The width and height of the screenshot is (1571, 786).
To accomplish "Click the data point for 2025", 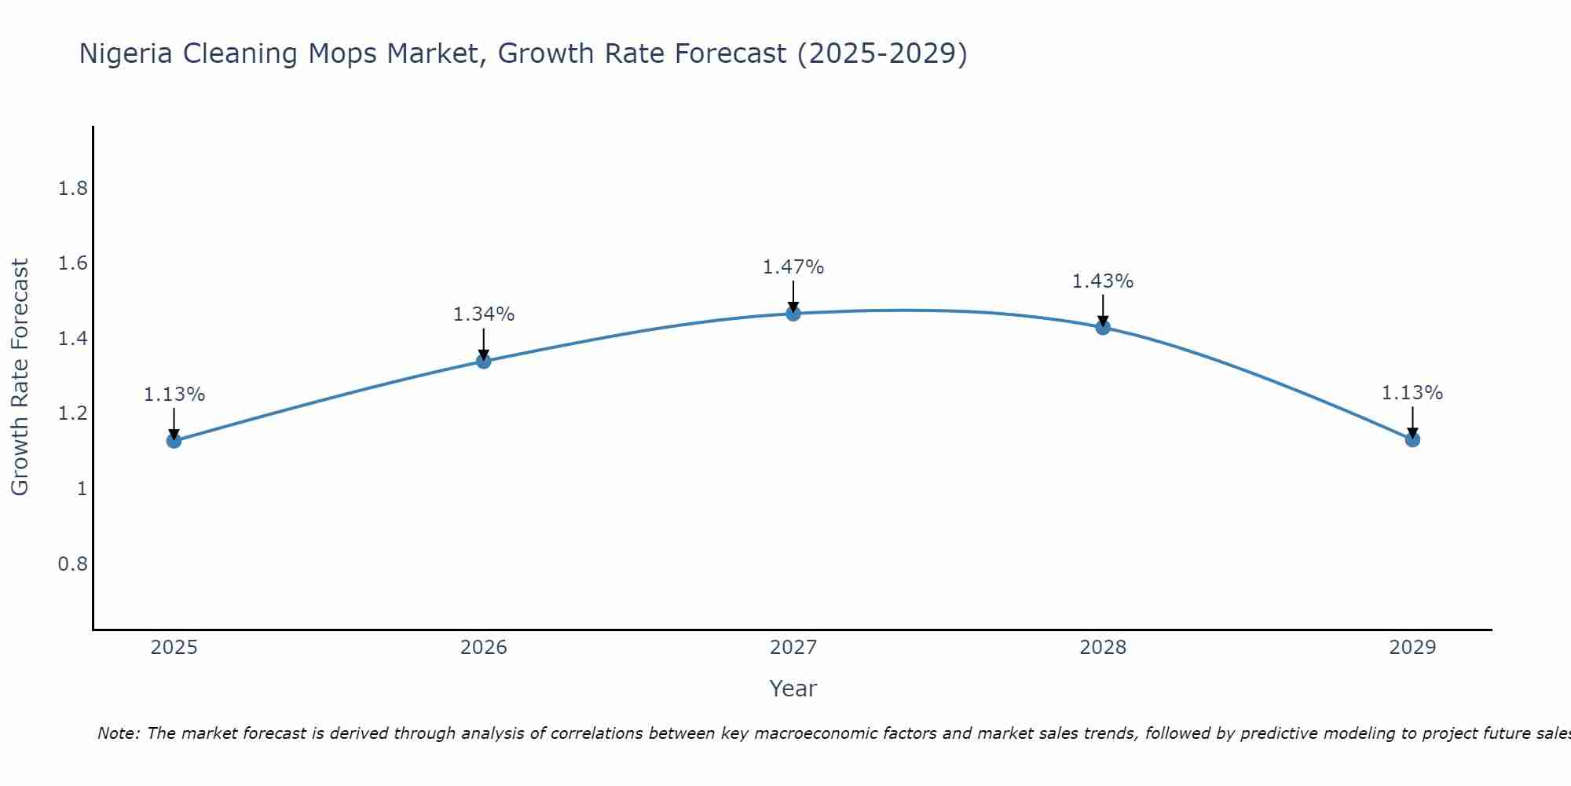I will pos(174,440).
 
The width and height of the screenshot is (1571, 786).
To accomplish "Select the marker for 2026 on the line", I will pos(484,361).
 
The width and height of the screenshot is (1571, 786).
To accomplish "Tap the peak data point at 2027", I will pos(793,314).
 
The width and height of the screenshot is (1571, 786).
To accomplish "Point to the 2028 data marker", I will pos(1103,327).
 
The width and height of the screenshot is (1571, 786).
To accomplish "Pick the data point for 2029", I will pos(1412,439).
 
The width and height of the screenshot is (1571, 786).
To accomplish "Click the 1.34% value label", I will pos(484,314).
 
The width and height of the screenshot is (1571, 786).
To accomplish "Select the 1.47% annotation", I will pos(793,267).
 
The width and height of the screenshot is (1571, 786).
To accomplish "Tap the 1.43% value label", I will pos(1103,281).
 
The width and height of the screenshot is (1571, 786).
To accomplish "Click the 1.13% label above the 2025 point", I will pos(174,395).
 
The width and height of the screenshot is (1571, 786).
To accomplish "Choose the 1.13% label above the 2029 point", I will pos(1412,393).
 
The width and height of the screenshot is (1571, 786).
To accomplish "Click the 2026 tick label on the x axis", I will pos(484,648).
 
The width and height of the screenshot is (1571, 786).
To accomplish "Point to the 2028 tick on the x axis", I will pos(1103,648).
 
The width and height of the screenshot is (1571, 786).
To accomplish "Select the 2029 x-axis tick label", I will pos(1412,648).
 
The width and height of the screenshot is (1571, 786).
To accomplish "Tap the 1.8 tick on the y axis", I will pos(72,189).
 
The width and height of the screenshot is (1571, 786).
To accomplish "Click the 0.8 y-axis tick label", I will pos(72,564).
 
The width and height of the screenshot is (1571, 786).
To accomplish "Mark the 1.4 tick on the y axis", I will pos(72,339).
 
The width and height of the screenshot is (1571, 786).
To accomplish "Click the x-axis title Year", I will pos(793,689).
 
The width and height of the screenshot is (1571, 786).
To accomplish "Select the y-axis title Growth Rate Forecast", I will pos(20,377).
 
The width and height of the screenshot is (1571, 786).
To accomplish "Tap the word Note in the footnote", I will pos(118,733).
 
